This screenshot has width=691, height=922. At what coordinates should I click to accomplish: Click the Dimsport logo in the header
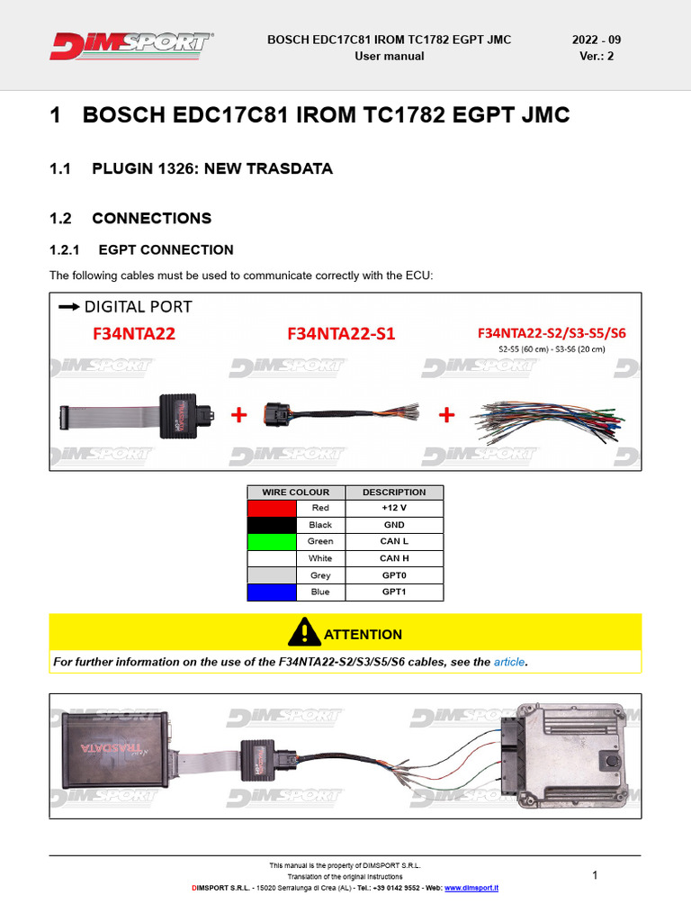[x=132, y=45]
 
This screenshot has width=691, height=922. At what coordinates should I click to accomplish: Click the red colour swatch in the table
[x=272, y=508]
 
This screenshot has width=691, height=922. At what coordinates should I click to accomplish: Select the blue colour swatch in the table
[x=272, y=592]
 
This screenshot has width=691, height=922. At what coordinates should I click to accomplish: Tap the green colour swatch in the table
[x=272, y=541]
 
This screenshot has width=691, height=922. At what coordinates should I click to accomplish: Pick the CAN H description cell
[x=394, y=558]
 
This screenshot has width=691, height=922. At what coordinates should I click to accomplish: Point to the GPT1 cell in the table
[x=394, y=592]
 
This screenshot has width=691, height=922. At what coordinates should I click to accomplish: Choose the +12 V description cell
[x=394, y=508]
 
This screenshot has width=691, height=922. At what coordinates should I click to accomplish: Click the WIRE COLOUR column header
[x=296, y=493]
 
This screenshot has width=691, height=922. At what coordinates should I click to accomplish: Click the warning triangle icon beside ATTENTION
[x=304, y=632]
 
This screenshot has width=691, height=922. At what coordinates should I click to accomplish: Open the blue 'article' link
[x=509, y=663]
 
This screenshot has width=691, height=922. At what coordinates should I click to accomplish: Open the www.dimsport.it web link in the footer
[x=471, y=888]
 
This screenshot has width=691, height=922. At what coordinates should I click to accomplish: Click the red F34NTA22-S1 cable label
[x=341, y=334]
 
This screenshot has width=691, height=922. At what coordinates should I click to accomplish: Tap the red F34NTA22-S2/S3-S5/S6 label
[x=552, y=333]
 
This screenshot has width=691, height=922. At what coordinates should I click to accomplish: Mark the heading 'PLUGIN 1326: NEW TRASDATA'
[x=212, y=169]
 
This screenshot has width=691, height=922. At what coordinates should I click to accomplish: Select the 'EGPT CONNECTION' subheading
[x=166, y=250]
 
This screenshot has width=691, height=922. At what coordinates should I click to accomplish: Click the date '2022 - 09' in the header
[x=597, y=40]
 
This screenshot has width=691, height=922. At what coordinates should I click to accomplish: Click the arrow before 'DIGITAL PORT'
[x=67, y=307]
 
